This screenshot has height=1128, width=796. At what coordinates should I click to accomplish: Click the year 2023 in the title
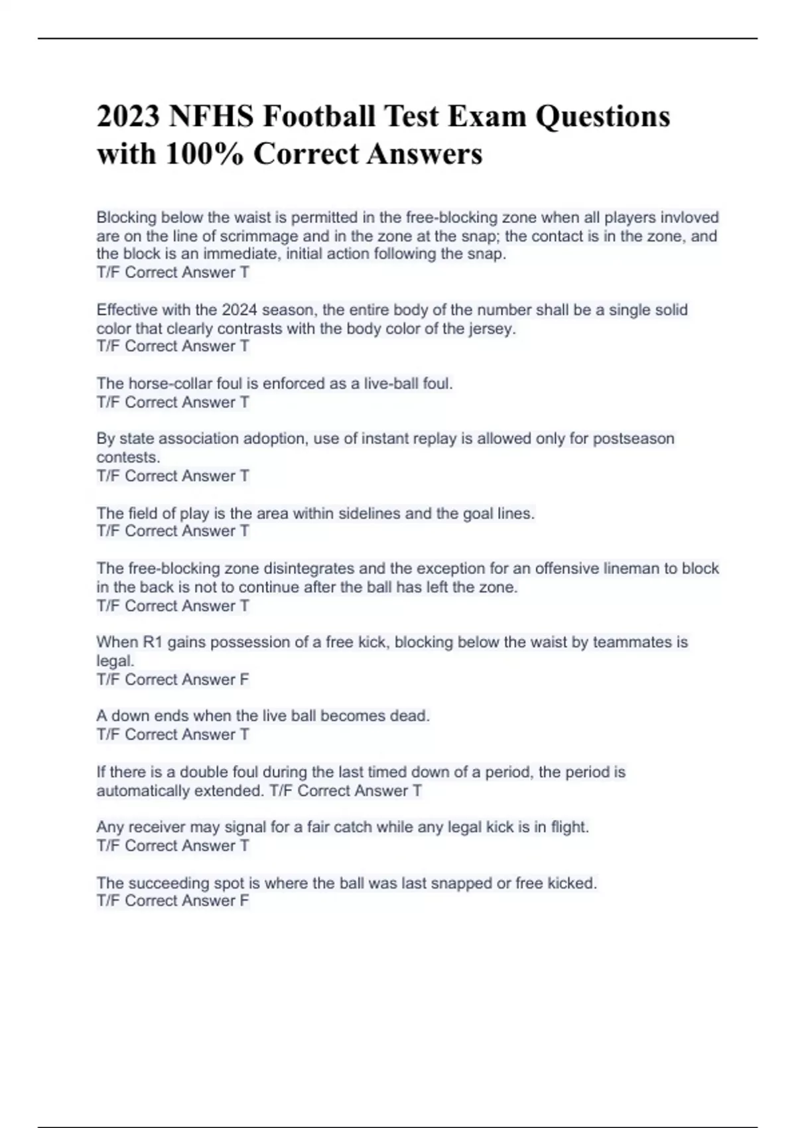click(x=128, y=117)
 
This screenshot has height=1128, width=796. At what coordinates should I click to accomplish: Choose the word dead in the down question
click(x=411, y=716)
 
